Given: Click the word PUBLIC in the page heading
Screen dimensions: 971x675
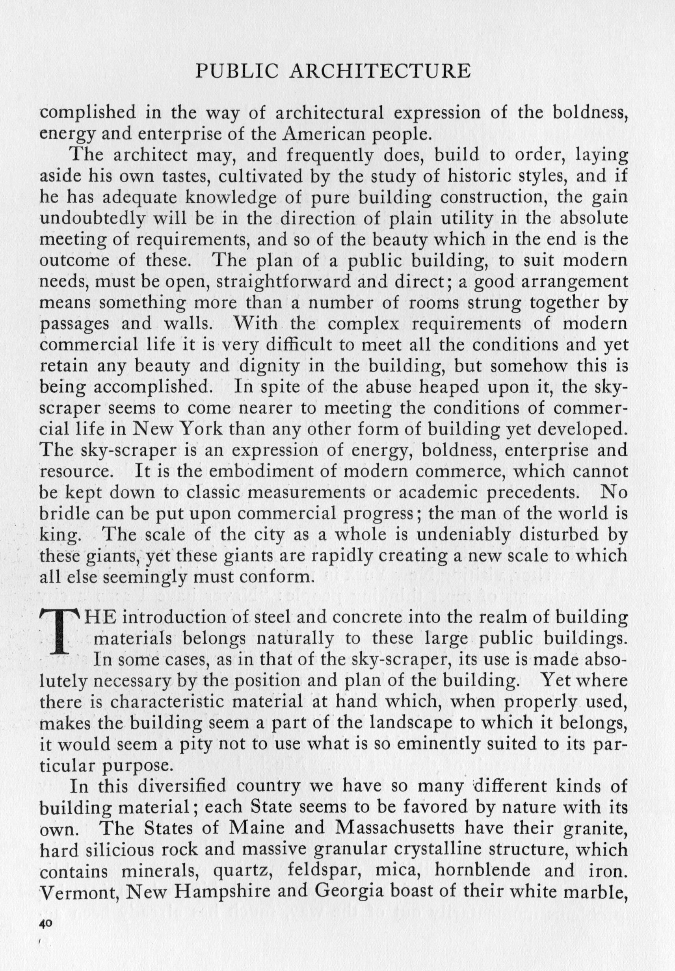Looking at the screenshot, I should [x=237, y=71].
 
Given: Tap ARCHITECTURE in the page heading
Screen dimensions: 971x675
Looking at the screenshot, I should [x=379, y=71].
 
